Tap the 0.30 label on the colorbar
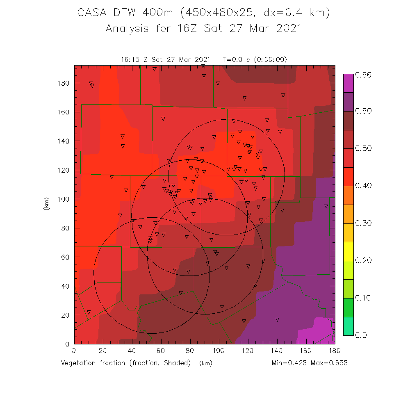click(363, 223)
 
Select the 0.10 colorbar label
click(363, 298)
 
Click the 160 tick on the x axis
click(306, 351)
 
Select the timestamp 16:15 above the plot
click(130, 59)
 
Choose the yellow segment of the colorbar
click(348, 251)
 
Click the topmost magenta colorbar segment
click(348, 83)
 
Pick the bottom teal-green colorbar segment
click(348, 326)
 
